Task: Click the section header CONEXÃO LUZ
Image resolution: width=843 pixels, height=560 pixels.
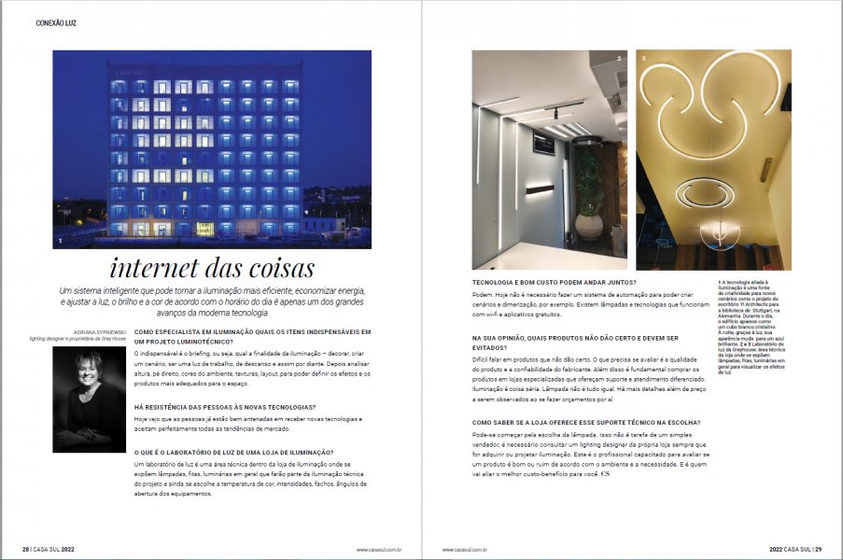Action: coord(57,22)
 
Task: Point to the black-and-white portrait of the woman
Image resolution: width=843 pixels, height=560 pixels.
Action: coord(90,399)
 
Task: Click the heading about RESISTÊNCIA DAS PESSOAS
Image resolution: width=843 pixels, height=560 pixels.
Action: coord(225,407)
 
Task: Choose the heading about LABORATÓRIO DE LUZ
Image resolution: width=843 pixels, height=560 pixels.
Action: coord(234,451)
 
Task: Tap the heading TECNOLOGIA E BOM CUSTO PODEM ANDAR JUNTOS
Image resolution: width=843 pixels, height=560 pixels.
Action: coord(555,282)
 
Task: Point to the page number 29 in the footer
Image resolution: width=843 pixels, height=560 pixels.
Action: coord(817,549)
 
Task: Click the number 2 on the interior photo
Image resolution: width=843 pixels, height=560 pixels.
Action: coord(618,60)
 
